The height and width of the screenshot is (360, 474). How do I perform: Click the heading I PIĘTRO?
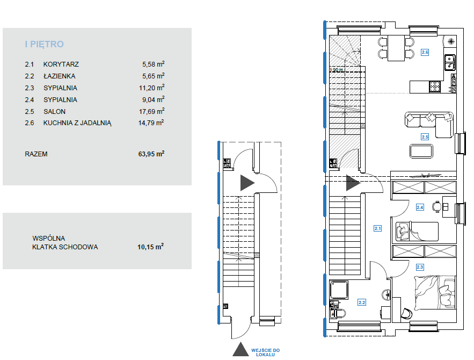coord(44,44)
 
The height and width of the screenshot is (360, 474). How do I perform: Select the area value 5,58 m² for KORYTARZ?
coord(154,64)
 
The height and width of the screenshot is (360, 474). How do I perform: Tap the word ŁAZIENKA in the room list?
coord(59,76)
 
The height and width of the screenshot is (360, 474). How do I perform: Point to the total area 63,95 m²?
coord(151,154)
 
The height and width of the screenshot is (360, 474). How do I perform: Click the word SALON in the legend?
coord(54,111)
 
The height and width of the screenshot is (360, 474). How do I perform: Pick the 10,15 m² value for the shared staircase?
coord(150,247)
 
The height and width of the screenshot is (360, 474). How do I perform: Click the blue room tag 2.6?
coord(425,52)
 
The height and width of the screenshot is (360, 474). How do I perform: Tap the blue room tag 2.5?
coord(425,136)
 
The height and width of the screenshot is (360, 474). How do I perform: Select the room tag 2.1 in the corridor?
coord(377,228)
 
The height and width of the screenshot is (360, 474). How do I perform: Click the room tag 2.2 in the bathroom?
coord(362,302)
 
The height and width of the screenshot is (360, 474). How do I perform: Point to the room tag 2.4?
coord(420,207)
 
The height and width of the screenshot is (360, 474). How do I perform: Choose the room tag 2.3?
coord(420,267)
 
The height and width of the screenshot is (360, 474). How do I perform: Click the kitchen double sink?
coord(450,62)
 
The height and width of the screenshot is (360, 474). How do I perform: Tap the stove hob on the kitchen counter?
coord(435,87)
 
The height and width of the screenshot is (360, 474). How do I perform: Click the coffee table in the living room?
coord(421,151)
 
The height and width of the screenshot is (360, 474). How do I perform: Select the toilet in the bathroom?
coord(338,313)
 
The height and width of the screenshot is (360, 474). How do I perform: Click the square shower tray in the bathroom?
coord(339,290)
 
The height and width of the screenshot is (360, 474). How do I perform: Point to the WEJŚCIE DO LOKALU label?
coord(265,352)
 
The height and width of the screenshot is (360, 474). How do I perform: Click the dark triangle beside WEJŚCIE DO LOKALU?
coord(240,349)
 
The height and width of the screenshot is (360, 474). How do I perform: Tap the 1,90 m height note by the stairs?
coord(337,70)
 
